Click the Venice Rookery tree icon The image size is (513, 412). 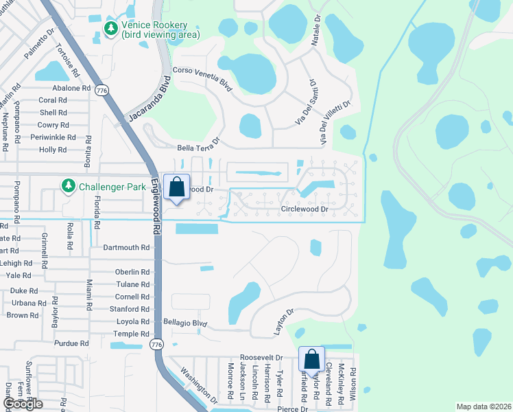[x=110, y=27]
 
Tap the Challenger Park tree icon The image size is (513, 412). [x=68, y=185]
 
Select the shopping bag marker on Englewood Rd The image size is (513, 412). [x=177, y=187]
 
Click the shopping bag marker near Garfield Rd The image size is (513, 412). [x=311, y=360]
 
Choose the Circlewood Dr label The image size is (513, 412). [x=305, y=209]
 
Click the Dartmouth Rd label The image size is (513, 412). [x=126, y=247]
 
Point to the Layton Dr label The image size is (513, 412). [x=283, y=321]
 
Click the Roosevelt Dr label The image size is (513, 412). [x=261, y=358]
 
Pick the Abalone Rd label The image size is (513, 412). [x=71, y=88]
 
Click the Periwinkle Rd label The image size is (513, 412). [x=53, y=137]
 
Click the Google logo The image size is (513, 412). [x=23, y=404]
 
